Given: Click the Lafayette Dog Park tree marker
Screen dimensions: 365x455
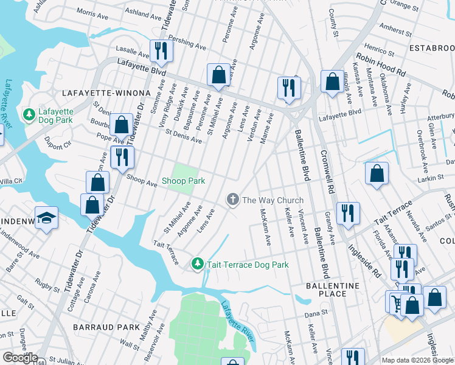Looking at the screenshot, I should (x=29, y=114).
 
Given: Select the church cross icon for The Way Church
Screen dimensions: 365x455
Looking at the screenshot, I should (x=232, y=200).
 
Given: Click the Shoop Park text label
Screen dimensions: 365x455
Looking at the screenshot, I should (x=183, y=181).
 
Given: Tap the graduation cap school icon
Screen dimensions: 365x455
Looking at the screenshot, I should (x=46, y=218).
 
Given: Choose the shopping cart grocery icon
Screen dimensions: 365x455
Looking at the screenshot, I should (x=396, y=302).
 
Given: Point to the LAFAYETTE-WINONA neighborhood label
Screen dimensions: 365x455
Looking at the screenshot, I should (x=106, y=92).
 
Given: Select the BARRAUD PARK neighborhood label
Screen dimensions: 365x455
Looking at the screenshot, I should (x=106, y=327).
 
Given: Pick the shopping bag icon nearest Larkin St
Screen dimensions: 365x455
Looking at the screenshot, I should (x=377, y=173).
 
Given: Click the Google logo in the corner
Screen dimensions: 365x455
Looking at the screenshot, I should (x=20, y=358).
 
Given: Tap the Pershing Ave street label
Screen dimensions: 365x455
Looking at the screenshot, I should (x=189, y=43).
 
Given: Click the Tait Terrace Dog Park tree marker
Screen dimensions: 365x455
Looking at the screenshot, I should (x=197, y=264).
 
